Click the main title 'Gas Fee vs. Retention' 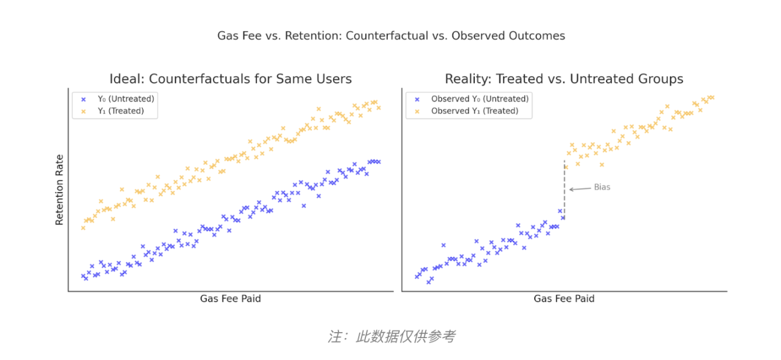click(x=391, y=36)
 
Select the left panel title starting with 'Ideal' click(x=230, y=79)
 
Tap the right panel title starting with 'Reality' click(x=564, y=79)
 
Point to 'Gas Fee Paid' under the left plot click(x=230, y=299)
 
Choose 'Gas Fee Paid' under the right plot click(x=564, y=299)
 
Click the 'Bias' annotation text click(x=602, y=187)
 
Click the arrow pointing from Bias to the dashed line click(x=580, y=189)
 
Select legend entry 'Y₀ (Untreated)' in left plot click(x=126, y=99)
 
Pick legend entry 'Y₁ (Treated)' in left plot click(x=121, y=111)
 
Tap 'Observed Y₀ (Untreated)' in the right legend click(x=480, y=99)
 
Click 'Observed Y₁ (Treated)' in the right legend click(x=475, y=111)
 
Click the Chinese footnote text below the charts click(x=391, y=336)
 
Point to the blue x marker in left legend click(x=84, y=99)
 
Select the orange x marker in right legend click(x=417, y=111)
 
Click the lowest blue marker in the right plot click(x=428, y=282)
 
